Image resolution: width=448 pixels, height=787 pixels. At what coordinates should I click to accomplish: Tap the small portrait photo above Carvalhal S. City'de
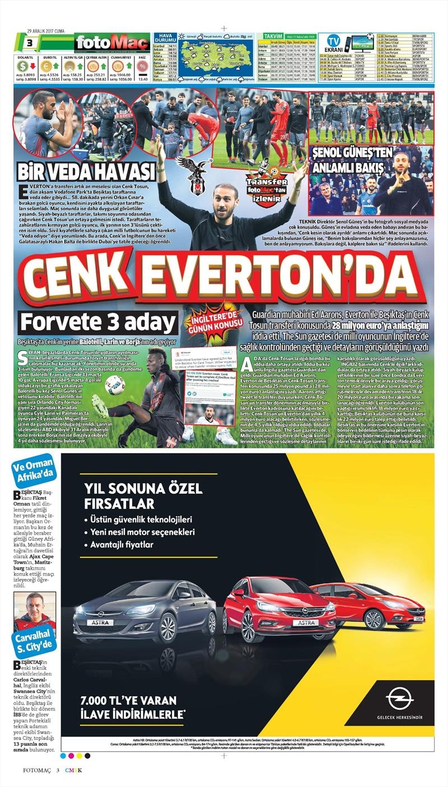pos(35,612)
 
